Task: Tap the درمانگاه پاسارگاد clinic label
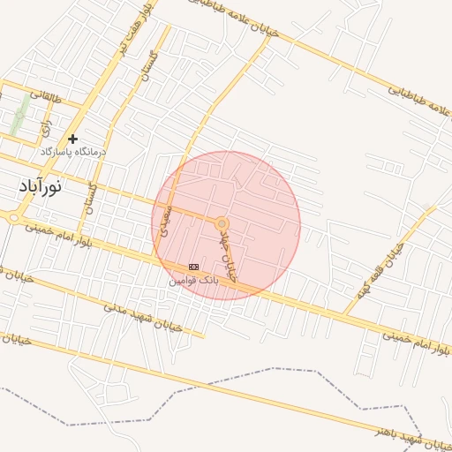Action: click(72, 152)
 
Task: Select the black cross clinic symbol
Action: click(72, 139)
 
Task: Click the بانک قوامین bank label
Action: click(191, 280)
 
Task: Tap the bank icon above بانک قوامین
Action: click(193, 267)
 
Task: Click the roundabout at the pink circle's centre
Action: click(222, 225)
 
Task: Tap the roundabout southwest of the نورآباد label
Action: click(13, 217)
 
